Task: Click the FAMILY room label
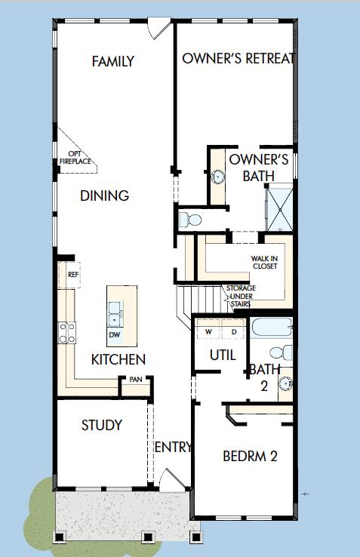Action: point(113,61)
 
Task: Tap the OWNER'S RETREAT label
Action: point(237,58)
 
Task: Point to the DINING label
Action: point(105,195)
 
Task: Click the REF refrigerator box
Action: point(72,275)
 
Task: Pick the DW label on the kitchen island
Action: point(115,334)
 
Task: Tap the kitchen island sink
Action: point(116,310)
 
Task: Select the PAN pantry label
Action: point(135,380)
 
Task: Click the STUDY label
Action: point(102,425)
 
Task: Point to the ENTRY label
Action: point(174,448)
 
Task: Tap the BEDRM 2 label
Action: point(249,456)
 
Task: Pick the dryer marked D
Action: point(233,331)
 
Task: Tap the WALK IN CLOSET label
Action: point(264,261)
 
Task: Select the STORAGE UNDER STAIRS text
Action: point(241,296)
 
